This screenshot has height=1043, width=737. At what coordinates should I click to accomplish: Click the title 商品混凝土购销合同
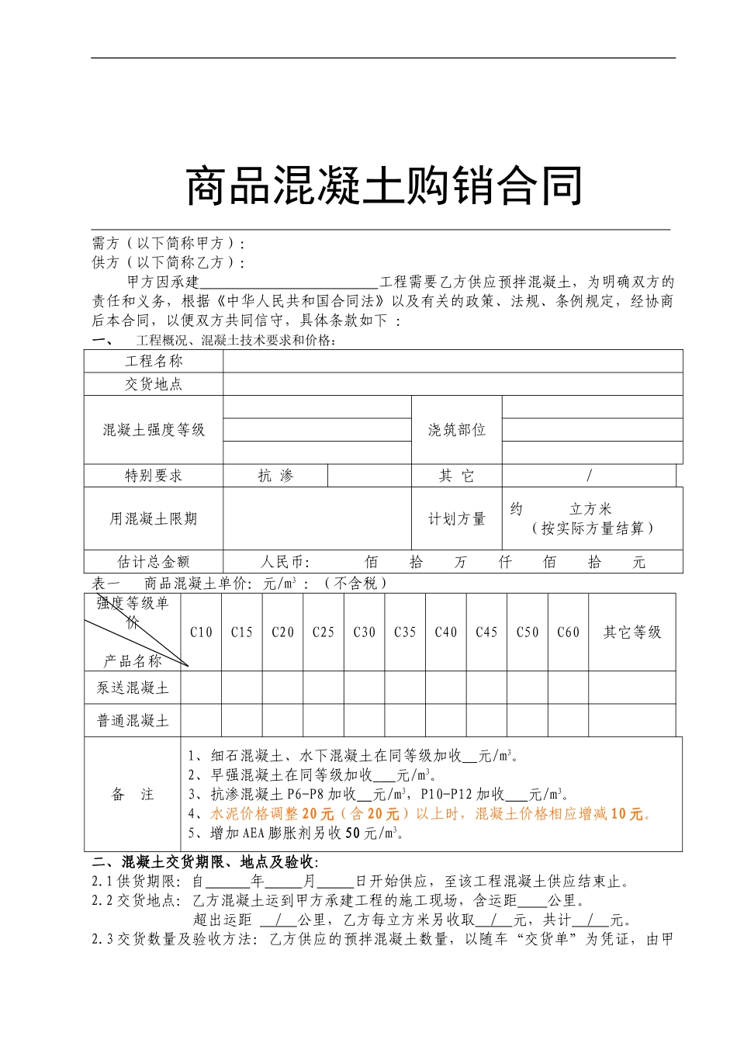[384, 186]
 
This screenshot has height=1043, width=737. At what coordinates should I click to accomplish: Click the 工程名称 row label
[154, 361]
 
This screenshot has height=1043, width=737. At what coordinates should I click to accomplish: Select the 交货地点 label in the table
[154, 384]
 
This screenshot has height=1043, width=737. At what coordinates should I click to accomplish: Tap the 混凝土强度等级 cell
[154, 430]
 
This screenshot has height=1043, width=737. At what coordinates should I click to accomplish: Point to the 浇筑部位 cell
[456, 430]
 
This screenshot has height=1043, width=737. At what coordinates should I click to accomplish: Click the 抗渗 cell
[275, 476]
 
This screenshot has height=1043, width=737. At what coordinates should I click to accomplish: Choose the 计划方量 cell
[456, 519]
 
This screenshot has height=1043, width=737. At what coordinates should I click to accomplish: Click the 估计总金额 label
[154, 562]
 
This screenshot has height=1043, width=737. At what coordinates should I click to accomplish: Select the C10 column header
[201, 632]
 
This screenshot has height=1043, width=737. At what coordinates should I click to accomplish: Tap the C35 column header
[405, 632]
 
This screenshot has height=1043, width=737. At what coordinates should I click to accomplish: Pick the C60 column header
[568, 632]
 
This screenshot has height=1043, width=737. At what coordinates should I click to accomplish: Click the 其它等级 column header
[632, 632]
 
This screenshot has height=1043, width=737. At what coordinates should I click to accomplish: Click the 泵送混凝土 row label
[133, 688]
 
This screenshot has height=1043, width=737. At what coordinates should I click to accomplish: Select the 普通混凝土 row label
[133, 721]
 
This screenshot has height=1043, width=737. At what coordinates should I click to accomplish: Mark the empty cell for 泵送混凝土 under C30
[364, 688]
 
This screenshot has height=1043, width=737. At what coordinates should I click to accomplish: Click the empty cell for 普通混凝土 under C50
[528, 721]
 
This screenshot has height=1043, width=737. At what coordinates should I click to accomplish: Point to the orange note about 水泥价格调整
[431, 814]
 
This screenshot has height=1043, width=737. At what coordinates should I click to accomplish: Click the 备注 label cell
[133, 794]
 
